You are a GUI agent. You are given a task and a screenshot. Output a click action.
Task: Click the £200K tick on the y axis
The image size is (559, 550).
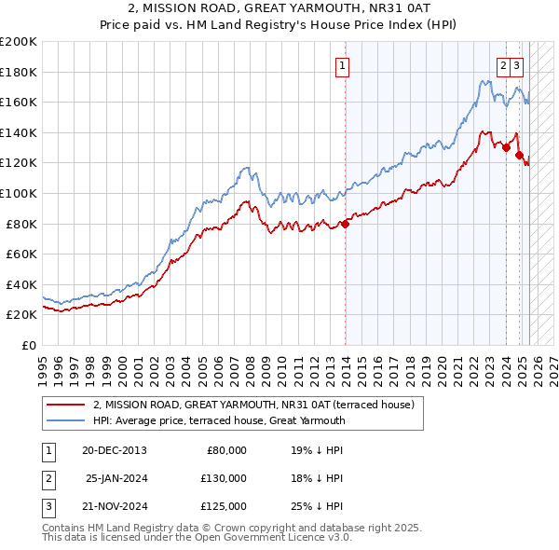[x=19, y=41]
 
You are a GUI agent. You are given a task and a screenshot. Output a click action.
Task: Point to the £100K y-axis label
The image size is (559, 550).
[x=19, y=193]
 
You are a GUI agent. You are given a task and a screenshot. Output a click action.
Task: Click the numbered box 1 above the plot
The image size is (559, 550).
[x=344, y=66]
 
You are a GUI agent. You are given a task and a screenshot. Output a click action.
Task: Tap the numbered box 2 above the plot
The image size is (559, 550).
[x=503, y=66]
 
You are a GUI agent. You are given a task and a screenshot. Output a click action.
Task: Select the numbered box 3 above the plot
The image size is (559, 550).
[x=517, y=66]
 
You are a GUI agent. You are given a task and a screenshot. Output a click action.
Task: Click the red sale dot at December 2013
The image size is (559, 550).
[x=345, y=224]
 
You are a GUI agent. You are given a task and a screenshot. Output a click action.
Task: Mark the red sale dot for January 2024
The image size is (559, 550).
[x=506, y=147]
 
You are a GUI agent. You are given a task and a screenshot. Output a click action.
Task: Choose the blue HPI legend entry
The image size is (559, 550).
[x=219, y=420]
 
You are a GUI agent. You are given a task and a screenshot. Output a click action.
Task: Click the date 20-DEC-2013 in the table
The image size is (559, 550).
[x=114, y=449]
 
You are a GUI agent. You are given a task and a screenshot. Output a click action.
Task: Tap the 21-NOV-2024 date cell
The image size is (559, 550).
[x=114, y=507]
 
